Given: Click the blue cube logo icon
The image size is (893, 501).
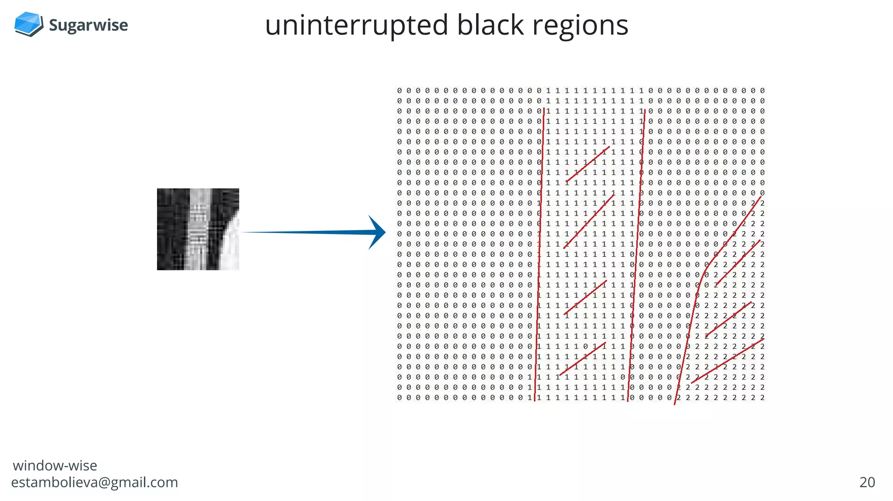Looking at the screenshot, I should pyautogui.click(x=28, y=24).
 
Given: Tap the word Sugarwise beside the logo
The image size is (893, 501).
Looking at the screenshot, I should pyautogui.click(x=88, y=25).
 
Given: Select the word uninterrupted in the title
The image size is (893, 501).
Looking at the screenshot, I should pyautogui.click(x=356, y=25).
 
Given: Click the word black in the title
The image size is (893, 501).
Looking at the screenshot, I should pyautogui.click(x=490, y=25).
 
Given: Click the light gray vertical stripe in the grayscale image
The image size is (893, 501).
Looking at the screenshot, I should pyautogui.click(x=198, y=229).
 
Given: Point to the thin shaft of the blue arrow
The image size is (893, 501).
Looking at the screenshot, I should pyautogui.click(x=305, y=232).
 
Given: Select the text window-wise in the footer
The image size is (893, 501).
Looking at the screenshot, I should pyautogui.click(x=55, y=466).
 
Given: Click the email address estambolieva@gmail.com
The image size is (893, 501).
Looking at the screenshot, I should pyautogui.click(x=95, y=482).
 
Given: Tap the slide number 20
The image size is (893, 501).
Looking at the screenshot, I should pyautogui.click(x=867, y=482).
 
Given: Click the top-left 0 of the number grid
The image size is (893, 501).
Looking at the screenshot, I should pyautogui.click(x=399, y=91).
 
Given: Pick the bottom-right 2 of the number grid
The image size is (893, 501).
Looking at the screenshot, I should pyautogui.click(x=762, y=398).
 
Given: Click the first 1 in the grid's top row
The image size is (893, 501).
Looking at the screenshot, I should pyautogui.click(x=549, y=91).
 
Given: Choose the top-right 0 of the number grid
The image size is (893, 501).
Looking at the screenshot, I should pyautogui.click(x=762, y=91).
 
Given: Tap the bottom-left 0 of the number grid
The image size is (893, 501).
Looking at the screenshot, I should pyautogui.click(x=399, y=398).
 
